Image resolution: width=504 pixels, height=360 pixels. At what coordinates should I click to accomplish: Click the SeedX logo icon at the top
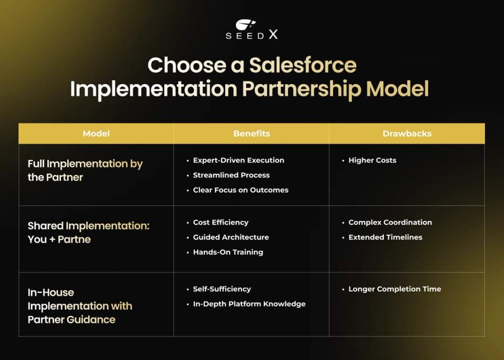(x=245, y=25)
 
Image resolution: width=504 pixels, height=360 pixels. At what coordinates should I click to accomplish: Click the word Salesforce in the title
(x=303, y=66)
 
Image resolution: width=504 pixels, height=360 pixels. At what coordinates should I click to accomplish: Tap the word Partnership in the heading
(x=301, y=89)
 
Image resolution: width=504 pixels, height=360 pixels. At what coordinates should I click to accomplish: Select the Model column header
(x=96, y=134)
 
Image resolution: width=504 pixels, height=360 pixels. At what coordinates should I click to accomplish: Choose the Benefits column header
(x=251, y=134)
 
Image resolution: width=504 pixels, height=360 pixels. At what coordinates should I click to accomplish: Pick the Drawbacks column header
(x=407, y=134)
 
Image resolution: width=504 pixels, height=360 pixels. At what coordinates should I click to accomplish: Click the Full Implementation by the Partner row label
(x=85, y=171)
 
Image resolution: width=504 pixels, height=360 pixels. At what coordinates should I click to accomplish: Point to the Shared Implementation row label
(x=88, y=232)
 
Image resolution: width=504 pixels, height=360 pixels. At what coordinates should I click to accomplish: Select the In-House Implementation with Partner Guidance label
(x=80, y=306)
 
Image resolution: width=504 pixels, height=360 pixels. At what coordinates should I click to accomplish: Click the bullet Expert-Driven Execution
(x=238, y=161)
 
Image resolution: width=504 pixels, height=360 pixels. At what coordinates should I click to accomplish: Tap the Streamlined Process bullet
(x=231, y=175)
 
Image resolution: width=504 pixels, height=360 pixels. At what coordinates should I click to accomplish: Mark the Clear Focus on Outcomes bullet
(x=240, y=190)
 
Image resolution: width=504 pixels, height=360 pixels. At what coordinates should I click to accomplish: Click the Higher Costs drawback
(x=372, y=161)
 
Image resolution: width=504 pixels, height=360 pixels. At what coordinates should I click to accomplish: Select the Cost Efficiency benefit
(x=220, y=223)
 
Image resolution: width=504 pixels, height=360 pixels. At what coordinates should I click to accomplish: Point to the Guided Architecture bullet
(x=230, y=237)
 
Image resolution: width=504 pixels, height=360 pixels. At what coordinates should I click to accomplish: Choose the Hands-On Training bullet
(x=228, y=252)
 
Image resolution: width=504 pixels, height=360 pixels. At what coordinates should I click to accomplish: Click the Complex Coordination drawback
(x=390, y=223)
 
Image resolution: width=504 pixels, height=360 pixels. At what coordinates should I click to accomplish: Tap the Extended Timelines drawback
(x=385, y=237)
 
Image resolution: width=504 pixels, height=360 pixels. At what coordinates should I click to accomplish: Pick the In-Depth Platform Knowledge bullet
(x=249, y=304)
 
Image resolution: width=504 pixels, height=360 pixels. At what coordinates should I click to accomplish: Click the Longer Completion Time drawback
(x=394, y=289)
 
